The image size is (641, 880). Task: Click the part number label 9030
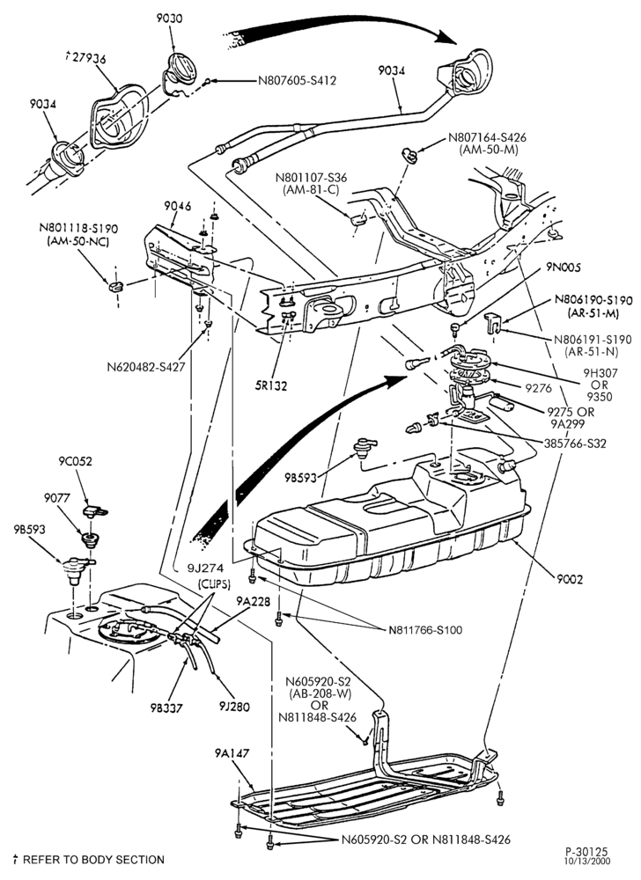tap(169, 18)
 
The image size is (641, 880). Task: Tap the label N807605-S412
tap(297, 81)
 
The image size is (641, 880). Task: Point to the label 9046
tap(177, 207)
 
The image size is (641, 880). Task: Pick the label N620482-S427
tap(146, 368)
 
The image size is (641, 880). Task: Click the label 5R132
tap(272, 385)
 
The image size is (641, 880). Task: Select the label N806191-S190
tap(593, 340)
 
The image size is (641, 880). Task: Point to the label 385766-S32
tap(575, 444)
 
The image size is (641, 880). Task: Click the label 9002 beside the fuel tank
tap(570, 579)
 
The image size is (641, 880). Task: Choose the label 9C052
tap(75, 462)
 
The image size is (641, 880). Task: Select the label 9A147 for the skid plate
tap(232, 753)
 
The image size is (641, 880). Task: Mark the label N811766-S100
tap(425, 630)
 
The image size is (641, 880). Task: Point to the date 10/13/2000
tap(587, 862)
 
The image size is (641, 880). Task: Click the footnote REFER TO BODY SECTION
tap(93, 860)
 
